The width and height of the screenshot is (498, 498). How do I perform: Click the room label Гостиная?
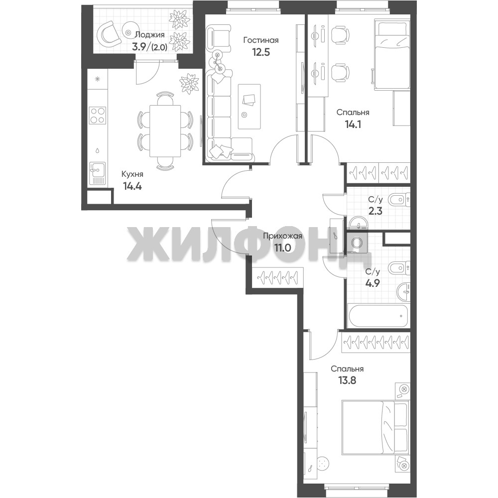point(261,40)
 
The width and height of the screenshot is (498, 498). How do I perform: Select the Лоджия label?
point(150,35)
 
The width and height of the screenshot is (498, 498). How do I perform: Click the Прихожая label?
point(283,236)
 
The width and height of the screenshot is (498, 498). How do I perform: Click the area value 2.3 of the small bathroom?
point(375,211)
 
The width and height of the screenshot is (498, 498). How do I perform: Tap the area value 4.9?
point(373,283)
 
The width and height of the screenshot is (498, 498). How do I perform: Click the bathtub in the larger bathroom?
point(378,316)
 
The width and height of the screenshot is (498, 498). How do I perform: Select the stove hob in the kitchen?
point(98,116)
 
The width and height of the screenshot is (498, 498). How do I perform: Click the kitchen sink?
point(97,173)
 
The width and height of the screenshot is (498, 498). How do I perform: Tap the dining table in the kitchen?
point(165,131)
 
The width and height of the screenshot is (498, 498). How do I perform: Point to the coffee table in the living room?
point(249,107)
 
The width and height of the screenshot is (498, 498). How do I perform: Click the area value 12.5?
point(261,52)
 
